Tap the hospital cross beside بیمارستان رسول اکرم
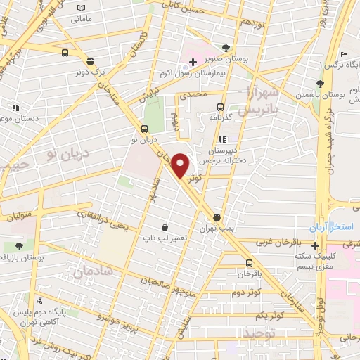193,63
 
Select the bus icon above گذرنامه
221,108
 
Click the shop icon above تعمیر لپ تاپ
165,227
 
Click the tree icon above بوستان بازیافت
18,246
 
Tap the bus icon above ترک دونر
65,53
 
